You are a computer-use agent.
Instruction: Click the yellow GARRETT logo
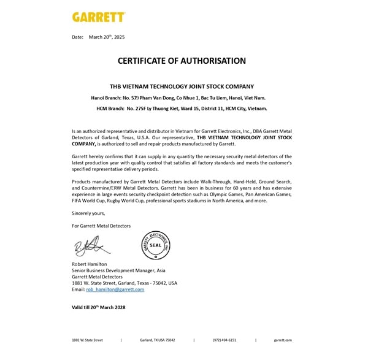pyautogui.click(x=99, y=17)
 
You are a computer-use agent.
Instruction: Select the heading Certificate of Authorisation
pyautogui.click(x=182, y=61)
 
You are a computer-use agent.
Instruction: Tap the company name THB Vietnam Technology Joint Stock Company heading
pyautogui.click(x=182, y=86)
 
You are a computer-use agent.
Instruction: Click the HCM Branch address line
pyautogui.click(x=182, y=108)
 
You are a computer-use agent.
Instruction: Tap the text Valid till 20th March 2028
pyautogui.click(x=99, y=307)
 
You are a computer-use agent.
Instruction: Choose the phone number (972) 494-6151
pyautogui.click(x=224, y=340)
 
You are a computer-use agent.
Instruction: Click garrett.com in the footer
pyautogui.click(x=283, y=340)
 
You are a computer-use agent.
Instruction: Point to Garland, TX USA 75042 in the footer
pyautogui.click(x=157, y=340)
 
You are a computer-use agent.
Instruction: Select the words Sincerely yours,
pyautogui.click(x=88, y=213)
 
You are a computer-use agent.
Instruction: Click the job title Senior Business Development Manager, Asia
pyautogui.click(x=118, y=270)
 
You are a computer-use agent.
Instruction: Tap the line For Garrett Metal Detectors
pyautogui.click(x=101, y=226)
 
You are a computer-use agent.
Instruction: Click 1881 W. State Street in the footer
pyautogui.click(x=87, y=340)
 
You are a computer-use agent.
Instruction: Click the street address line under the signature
pyautogui.click(x=125, y=283)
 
